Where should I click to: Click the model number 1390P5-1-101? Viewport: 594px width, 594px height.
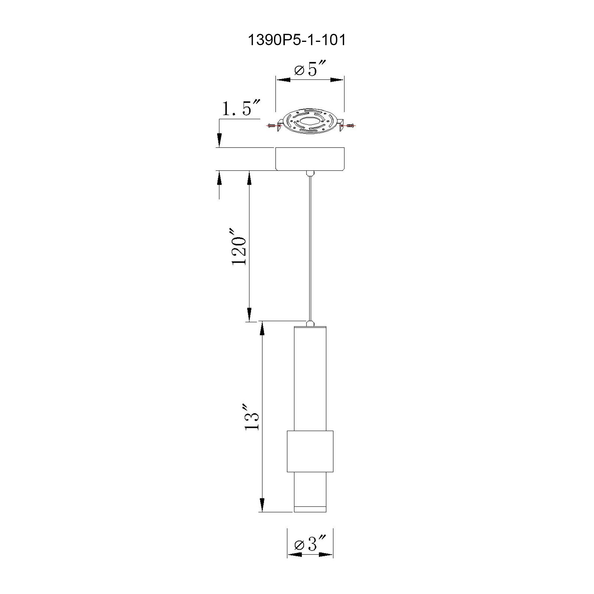[297, 40]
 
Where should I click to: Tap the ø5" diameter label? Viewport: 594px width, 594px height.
[309, 69]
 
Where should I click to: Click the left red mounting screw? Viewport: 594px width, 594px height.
[271, 125]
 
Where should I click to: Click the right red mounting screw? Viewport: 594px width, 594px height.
[350, 125]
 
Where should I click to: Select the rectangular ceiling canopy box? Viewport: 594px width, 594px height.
[309, 159]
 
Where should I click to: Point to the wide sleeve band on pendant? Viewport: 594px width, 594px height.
[310, 451]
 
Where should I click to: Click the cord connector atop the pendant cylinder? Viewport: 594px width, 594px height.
[310, 323]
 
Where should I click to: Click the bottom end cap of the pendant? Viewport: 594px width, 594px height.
[310, 509]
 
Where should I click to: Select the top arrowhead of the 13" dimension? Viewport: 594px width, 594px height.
[262, 330]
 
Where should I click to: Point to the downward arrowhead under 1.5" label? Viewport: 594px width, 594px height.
[219, 140]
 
